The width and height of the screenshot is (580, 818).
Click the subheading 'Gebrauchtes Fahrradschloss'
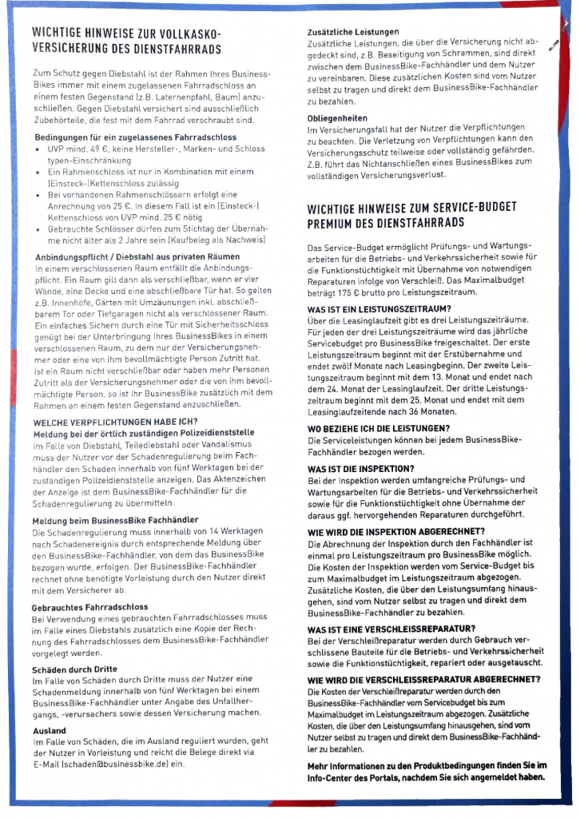[89, 606]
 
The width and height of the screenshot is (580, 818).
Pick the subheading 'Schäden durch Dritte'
[76, 669]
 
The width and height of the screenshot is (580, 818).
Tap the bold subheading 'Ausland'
[50, 730]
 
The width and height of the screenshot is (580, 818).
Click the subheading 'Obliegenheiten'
[337, 117]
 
